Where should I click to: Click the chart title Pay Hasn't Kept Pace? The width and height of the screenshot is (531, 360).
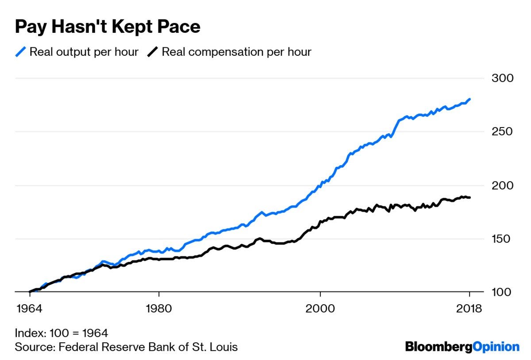tap(108, 27)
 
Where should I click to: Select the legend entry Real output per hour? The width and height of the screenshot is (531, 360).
tap(84, 52)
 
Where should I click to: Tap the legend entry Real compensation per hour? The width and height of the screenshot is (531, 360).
tap(236, 52)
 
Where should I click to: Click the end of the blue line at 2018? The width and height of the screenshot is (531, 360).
tap(469, 99)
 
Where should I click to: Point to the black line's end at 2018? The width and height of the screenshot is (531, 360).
tap(469, 197)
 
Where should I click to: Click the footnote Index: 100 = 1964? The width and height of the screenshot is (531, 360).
tap(62, 333)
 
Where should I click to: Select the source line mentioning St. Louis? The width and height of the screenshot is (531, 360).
tap(126, 346)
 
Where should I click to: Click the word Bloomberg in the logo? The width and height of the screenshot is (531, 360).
tap(439, 347)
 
